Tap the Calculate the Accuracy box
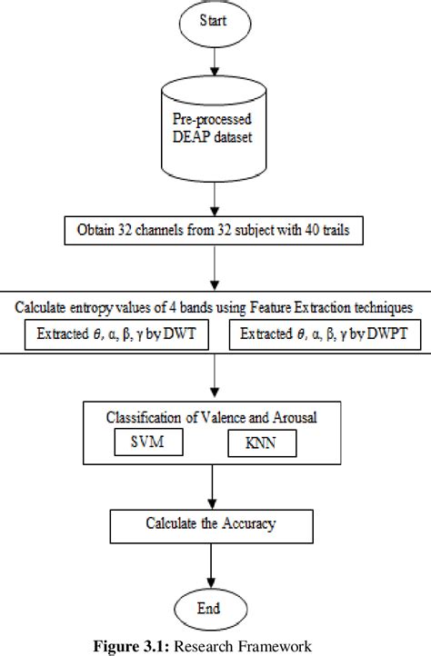(213, 525)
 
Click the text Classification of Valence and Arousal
(213, 418)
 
